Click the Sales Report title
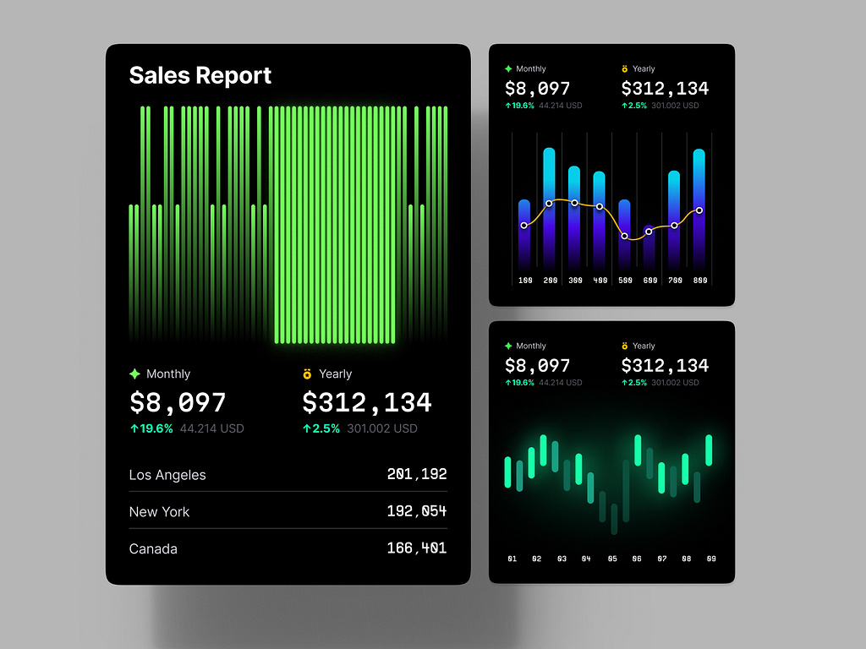[200, 75]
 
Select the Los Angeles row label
[167, 475]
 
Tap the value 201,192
[416, 475]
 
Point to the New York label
[159, 512]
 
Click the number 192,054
[416, 512]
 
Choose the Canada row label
[153, 549]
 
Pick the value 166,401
[416, 549]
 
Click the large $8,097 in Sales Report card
[178, 402]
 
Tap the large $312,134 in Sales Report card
[367, 402]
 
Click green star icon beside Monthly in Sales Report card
[134, 374]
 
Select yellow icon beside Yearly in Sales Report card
[307, 374]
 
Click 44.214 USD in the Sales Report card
[211, 428]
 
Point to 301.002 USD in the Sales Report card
[381, 428]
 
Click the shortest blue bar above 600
[649, 245]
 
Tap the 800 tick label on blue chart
[699, 281]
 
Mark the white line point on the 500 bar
[624, 237]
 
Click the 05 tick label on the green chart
[612, 559]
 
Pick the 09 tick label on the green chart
[711, 559]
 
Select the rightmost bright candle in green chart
[709, 450]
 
